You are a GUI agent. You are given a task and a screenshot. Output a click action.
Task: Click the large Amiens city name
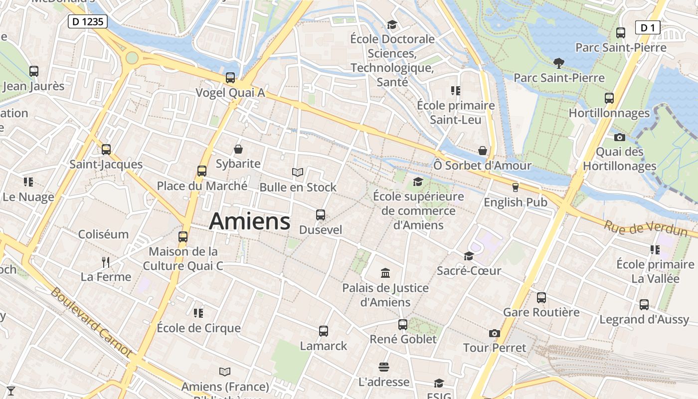(249, 221)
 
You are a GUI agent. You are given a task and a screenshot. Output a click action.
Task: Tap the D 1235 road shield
(88, 21)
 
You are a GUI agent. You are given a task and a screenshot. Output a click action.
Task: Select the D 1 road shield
(647, 28)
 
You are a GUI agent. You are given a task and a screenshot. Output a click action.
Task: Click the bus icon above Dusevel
(320, 215)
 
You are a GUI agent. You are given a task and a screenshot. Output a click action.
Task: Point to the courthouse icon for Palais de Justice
(385, 273)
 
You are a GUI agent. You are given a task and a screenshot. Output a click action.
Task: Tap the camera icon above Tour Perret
(494, 333)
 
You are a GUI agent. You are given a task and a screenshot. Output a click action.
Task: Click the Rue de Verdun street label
(645, 228)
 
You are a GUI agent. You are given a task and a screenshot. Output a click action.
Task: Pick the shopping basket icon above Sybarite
(238, 149)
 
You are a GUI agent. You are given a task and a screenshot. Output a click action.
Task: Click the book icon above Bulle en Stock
(298, 173)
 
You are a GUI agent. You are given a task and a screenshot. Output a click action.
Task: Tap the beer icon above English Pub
(515, 188)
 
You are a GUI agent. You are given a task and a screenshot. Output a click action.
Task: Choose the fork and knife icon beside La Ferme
(105, 262)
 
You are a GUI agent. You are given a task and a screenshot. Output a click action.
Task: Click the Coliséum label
(103, 234)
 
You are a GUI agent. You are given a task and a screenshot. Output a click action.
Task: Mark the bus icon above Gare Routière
(541, 298)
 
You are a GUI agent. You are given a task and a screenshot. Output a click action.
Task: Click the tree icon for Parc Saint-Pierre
(558, 63)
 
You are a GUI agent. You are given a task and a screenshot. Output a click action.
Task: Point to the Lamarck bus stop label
(323, 346)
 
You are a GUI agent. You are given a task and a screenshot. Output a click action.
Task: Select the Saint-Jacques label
(106, 164)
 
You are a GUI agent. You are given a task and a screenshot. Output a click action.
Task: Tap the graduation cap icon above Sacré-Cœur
(469, 256)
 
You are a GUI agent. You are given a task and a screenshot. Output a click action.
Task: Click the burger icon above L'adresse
(383, 368)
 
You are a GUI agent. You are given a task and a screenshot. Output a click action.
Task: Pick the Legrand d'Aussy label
(644, 319)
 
